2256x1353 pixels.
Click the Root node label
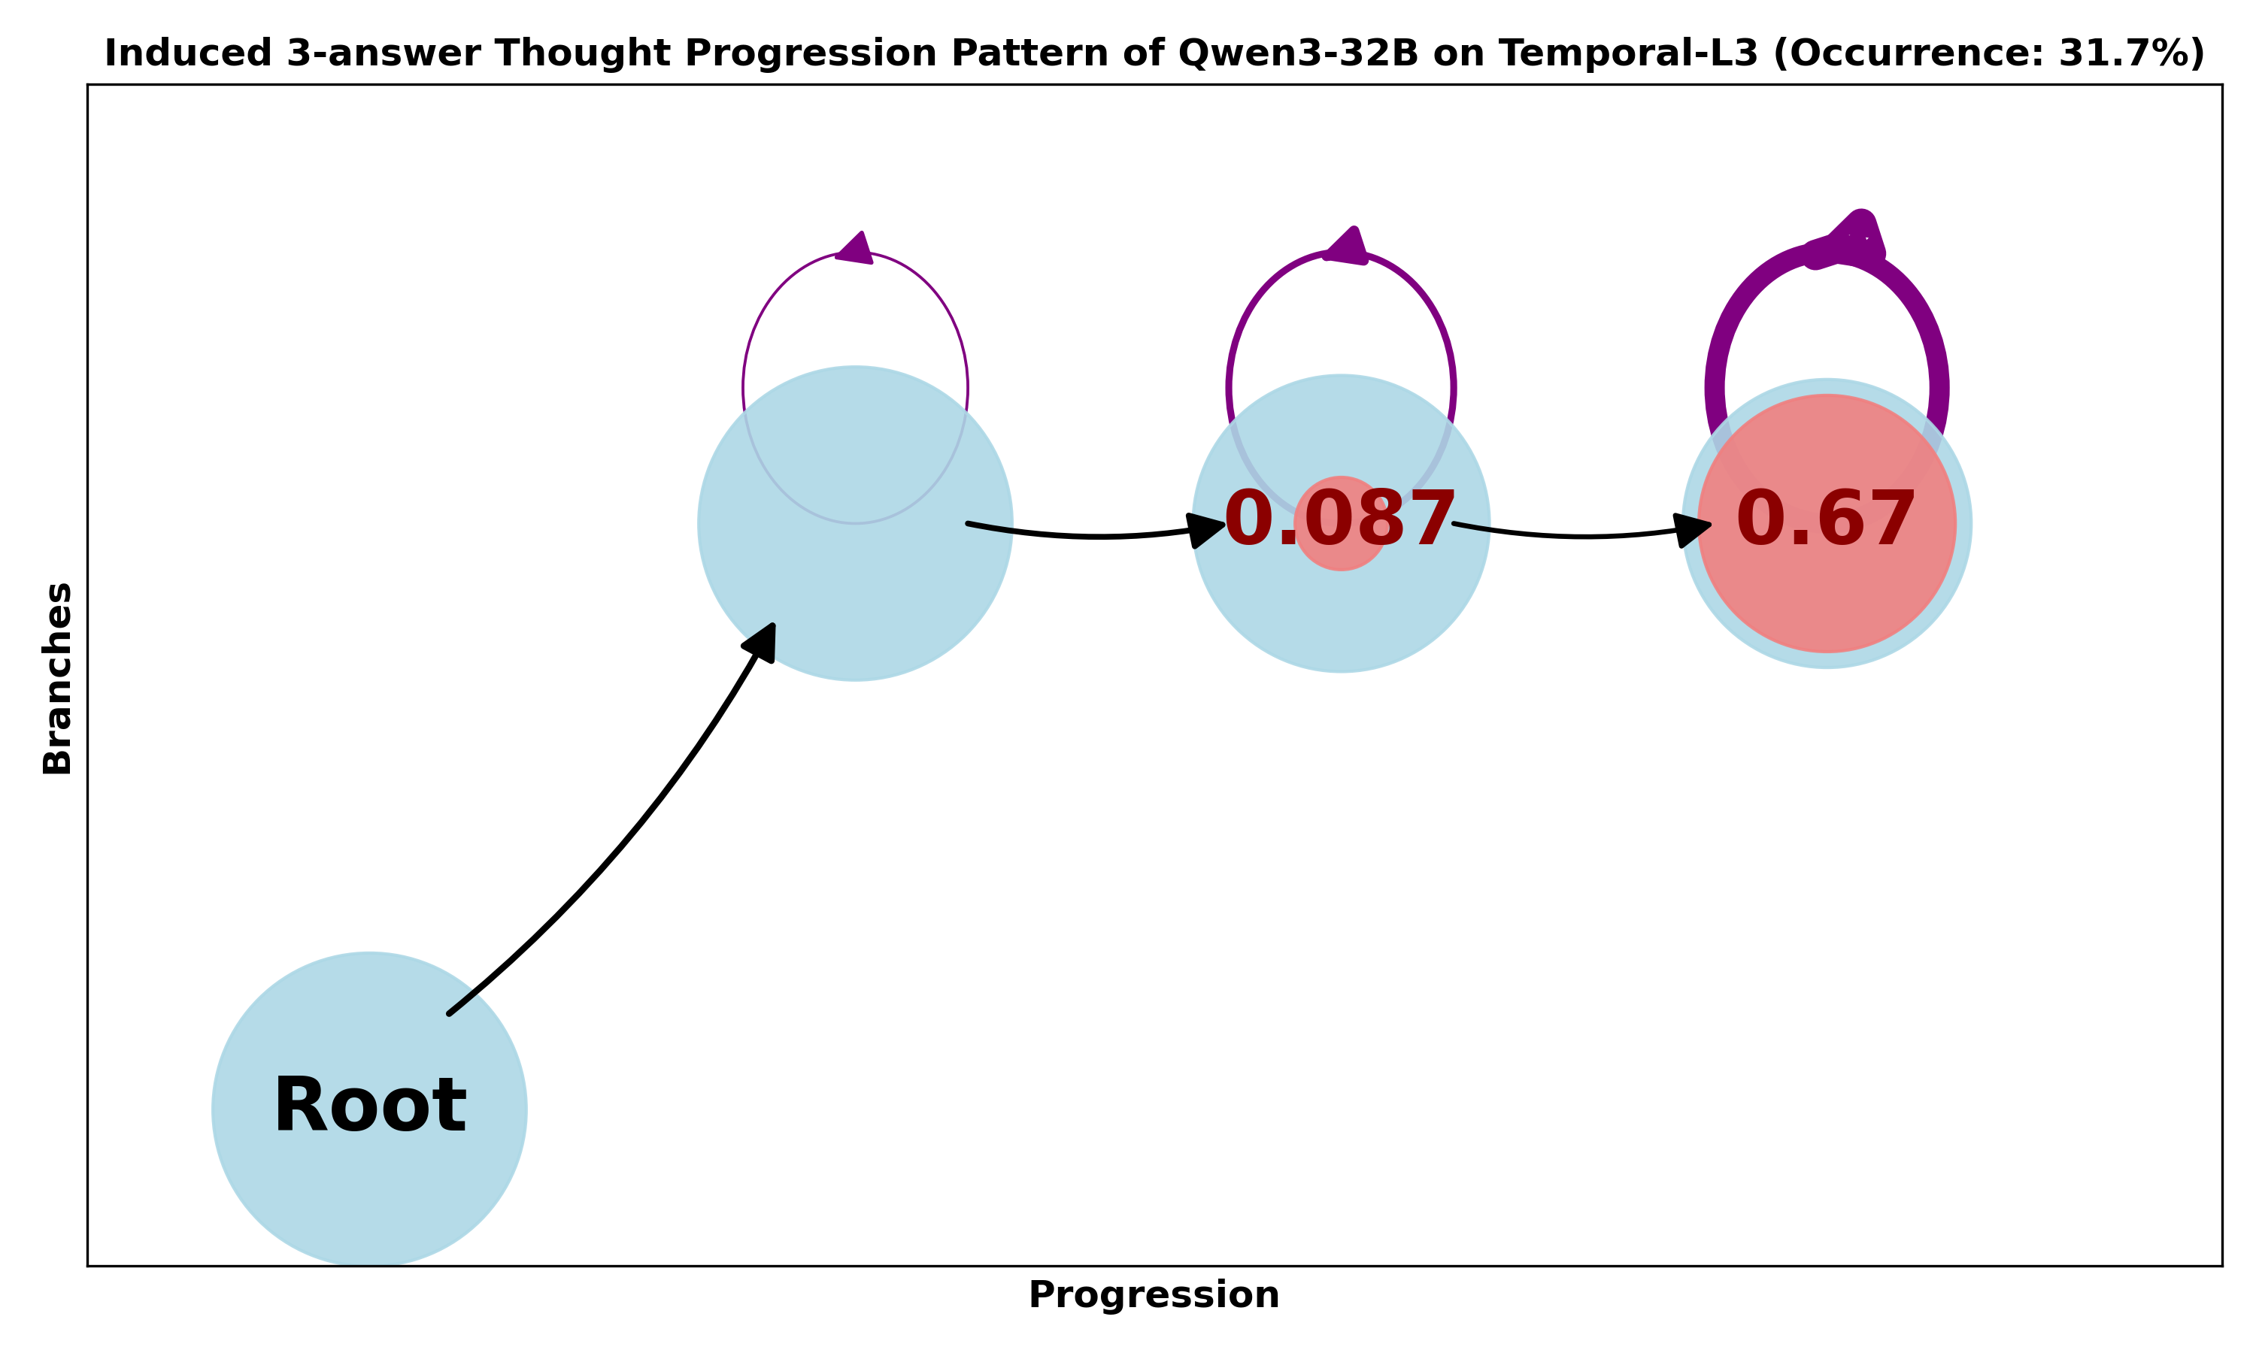click(369, 1106)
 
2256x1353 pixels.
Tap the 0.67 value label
click(1826, 519)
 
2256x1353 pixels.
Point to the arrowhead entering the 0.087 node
click(1205, 529)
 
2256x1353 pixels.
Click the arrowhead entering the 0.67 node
click(1693, 529)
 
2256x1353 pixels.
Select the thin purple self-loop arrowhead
click(855, 249)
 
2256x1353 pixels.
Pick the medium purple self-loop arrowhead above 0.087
click(1346, 246)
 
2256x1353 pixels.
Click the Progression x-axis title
click(1154, 1294)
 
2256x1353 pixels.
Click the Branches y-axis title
click(57, 678)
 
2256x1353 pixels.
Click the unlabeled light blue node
click(854, 583)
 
